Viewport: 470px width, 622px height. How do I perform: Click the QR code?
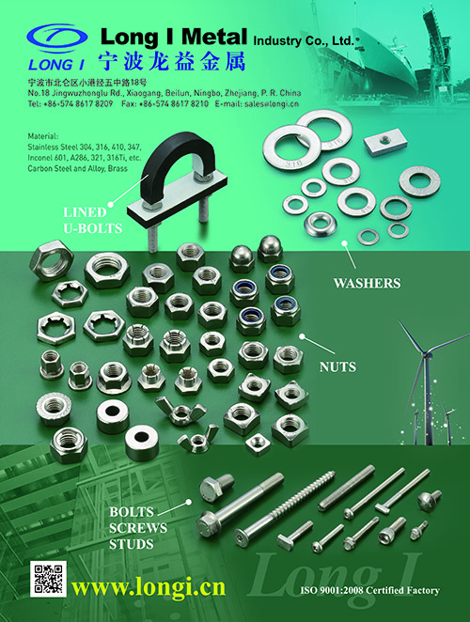[48, 579]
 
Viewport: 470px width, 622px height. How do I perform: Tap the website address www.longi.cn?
[149, 586]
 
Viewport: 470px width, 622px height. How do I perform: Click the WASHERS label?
[367, 283]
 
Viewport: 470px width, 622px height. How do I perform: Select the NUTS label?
[337, 367]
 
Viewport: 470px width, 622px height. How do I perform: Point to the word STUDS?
[132, 544]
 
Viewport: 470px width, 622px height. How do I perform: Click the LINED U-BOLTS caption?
[92, 220]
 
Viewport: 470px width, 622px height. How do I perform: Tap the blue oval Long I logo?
[57, 38]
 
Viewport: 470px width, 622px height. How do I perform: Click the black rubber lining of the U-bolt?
[178, 159]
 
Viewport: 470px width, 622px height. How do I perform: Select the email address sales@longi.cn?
[272, 104]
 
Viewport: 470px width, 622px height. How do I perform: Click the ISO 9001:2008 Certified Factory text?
[369, 590]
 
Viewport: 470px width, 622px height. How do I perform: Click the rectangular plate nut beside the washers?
[385, 145]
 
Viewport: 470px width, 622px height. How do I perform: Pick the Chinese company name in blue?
[171, 61]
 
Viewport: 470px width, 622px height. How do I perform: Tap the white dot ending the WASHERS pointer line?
[345, 243]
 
